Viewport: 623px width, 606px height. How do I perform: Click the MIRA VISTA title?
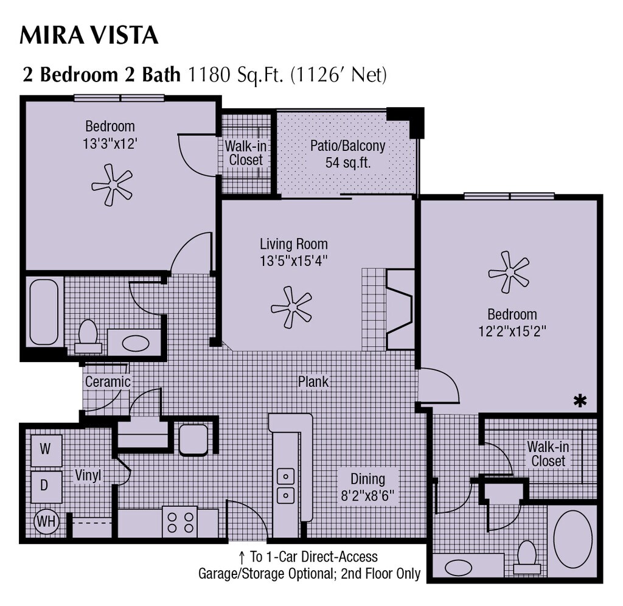coord(89,35)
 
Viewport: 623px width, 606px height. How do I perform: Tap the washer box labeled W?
coord(46,450)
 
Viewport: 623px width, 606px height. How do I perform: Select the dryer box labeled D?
coord(46,486)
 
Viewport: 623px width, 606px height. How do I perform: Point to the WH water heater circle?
coord(46,521)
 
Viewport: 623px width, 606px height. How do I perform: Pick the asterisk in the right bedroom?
coord(580,400)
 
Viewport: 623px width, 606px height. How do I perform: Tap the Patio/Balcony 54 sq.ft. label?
coord(347,155)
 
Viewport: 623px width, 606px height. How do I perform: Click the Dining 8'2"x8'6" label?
coord(368,487)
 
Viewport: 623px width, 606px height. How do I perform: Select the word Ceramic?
coord(108,382)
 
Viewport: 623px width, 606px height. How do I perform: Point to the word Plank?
coord(313,381)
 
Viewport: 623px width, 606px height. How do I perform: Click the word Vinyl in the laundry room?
coord(88,475)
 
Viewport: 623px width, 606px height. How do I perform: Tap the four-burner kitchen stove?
coord(180,521)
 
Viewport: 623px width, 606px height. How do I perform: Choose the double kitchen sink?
coord(285,486)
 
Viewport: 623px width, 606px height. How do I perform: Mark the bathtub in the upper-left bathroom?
coord(44,312)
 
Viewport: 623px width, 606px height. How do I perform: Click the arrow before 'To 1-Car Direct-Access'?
coord(241,557)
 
